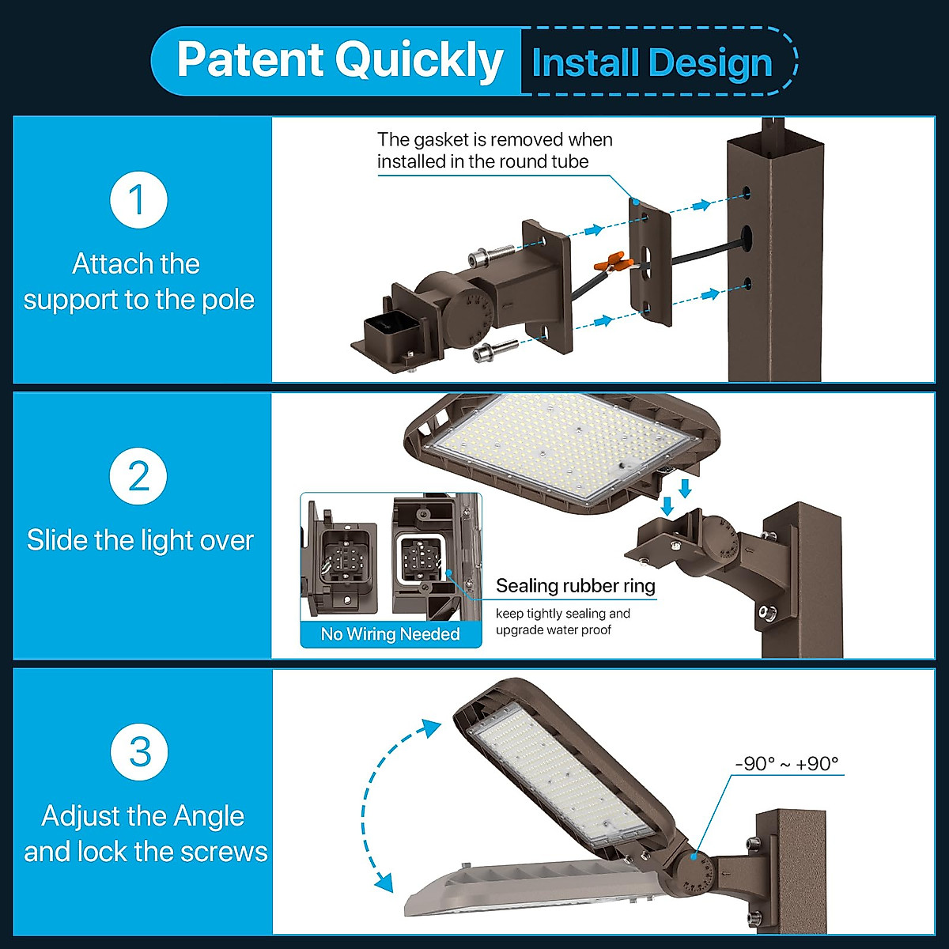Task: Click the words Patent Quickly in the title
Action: pos(340,60)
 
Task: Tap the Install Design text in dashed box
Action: pos(652,63)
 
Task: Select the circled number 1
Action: pos(138,199)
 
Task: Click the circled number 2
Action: pos(138,476)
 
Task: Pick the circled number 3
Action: pos(139,751)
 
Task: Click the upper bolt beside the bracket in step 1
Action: pos(490,255)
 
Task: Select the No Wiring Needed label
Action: pos(391,634)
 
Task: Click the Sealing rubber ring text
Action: pos(576,586)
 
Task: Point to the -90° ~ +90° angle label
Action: pos(786,764)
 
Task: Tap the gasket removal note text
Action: pos(494,150)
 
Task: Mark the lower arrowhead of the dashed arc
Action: pos(384,881)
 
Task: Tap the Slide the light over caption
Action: pos(140,541)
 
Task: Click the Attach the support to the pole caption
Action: pos(138,282)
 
